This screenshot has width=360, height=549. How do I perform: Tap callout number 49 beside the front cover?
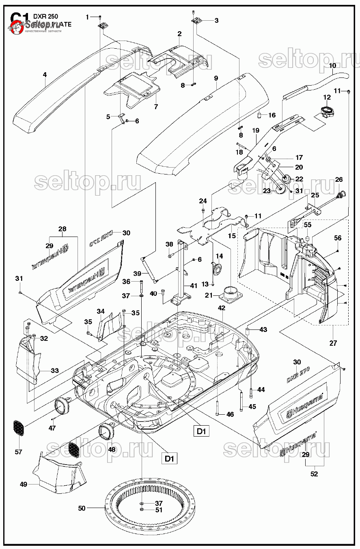tap(23, 484)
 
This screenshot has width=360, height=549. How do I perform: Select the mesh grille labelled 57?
tap(18, 428)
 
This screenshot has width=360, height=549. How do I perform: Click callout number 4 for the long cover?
tap(45, 75)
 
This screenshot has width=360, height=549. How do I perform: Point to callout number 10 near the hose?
tap(332, 65)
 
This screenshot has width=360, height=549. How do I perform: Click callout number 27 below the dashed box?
tap(333, 343)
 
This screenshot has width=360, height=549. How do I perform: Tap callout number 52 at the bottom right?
tap(314, 474)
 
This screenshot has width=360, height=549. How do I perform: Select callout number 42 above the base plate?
tap(221, 308)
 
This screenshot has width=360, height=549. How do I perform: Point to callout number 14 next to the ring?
tap(219, 256)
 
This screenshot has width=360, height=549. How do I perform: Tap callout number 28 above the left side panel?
tap(62, 229)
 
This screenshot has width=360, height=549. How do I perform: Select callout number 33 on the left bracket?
tap(54, 370)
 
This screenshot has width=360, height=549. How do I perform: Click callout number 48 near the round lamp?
tap(112, 449)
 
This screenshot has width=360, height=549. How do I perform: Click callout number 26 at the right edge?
tap(338, 179)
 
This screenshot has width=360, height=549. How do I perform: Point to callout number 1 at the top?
tap(87, 17)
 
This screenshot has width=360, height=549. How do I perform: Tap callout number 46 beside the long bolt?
tap(230, 414)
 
